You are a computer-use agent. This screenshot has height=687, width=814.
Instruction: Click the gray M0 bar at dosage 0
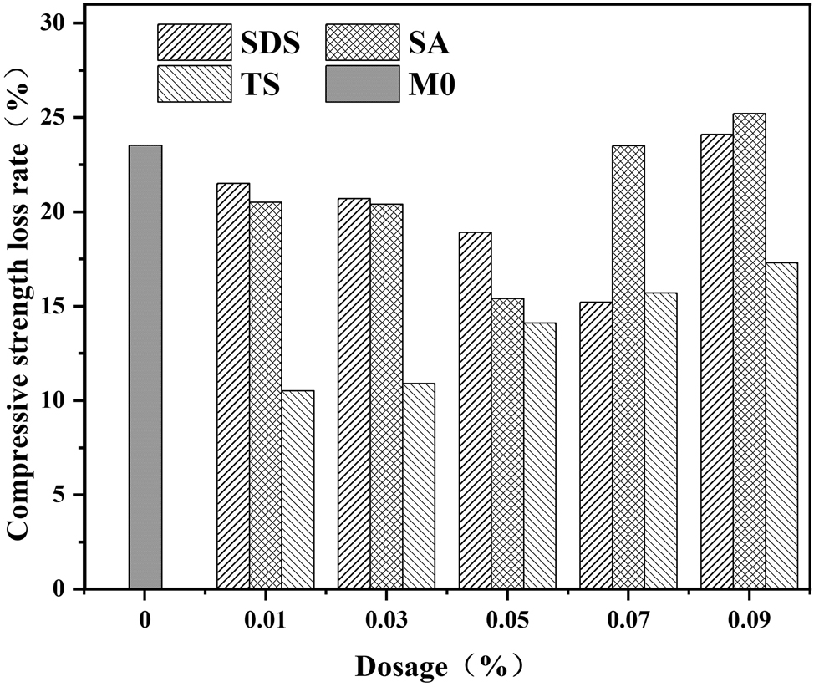pyautogui.click(x=145, y=367)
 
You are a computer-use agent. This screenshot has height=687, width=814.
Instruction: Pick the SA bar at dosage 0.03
pyautogui.click(x=386, y=396)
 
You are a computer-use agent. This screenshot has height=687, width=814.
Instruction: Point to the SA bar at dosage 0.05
pyautogui.click(x=507, y=444)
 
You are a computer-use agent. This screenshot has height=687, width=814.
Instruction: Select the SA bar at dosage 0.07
pyautogui.click(x=628, y=367)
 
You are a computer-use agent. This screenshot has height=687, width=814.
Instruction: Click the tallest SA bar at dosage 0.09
pyautogui.click(x=749, y=351)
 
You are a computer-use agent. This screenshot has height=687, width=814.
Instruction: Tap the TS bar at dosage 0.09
pyautogui.click(x=781, y=425)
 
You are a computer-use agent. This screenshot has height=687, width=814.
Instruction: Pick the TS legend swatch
pyautogui.click(x=195, y=85)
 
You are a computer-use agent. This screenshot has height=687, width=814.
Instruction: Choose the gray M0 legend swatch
pyautogui.click(x=362, y=85)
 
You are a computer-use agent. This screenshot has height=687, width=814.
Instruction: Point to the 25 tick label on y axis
pyautogui.click(x=55, y=118)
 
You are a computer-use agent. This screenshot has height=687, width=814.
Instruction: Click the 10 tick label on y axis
pyautogui.click(x=55, y=401)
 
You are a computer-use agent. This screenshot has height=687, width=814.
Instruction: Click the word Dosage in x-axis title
pyautogui.click(x=404, y=666)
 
